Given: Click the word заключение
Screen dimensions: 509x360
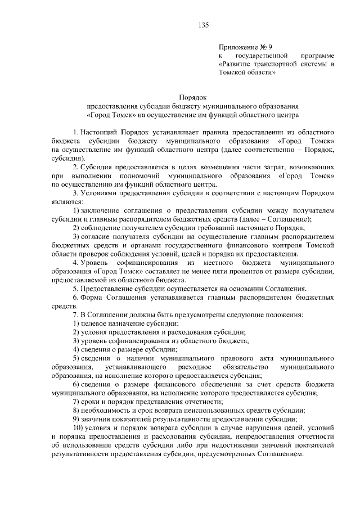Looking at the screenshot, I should coord(102,210).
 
